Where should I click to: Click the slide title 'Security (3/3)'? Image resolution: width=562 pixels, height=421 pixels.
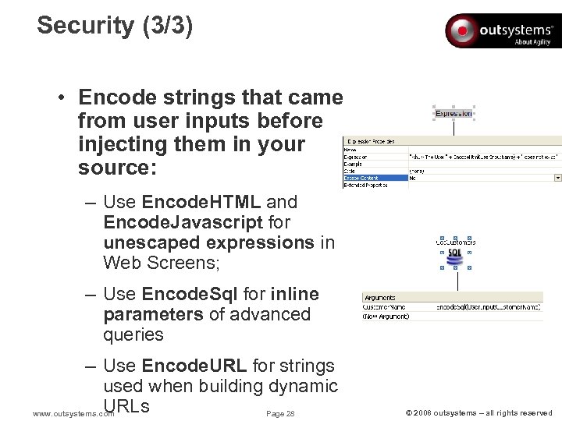[x=115, y=25]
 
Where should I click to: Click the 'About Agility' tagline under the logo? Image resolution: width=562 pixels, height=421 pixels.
[x=532, y=42]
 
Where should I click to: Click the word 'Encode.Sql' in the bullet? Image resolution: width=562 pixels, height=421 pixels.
[x=190, y=294]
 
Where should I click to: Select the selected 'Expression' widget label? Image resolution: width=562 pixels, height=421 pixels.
[x=454, y=114]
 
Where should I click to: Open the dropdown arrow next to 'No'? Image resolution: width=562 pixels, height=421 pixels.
[x=557, y=178]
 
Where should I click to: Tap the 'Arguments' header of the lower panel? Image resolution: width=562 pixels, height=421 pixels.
[x=380, y=297]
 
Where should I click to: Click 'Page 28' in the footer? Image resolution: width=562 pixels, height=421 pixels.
[x=280, y=413]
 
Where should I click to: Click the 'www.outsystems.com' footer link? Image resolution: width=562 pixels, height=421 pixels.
[x=70, y=413]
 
